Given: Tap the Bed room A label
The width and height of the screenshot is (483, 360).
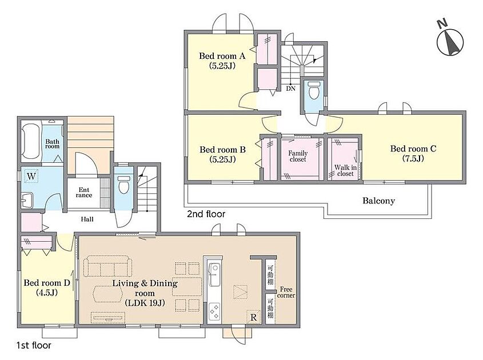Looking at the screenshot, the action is pos(222,61).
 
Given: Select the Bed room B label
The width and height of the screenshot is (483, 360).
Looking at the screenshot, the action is pos(222,154).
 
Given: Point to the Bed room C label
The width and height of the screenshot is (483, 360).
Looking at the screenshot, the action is pos(413,153).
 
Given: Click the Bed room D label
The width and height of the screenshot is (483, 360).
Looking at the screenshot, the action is pos(47,287).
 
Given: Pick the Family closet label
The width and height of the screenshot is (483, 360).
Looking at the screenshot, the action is pos(298,156).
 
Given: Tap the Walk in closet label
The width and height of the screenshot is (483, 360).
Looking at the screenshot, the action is pos(345,170).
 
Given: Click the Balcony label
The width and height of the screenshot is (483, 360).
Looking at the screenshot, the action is pos(378,201).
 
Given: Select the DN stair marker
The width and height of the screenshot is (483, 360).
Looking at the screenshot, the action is pos(290,89).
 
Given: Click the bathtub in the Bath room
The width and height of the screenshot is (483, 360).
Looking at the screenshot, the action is pos(31,141).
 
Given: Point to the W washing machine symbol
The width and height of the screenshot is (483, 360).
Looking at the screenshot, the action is pos(31,177).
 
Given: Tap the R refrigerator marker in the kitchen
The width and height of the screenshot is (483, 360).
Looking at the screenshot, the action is pos(254,317).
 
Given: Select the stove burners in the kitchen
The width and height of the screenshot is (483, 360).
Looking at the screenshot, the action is pos(214,311).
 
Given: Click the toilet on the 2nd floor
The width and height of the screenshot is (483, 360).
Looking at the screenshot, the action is pos(314,90).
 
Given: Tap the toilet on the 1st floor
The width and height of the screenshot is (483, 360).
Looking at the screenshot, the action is pos(124,185).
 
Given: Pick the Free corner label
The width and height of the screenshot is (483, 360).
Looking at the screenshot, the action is pos(286,292).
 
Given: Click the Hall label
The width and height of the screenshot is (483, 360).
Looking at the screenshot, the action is pos(87,219).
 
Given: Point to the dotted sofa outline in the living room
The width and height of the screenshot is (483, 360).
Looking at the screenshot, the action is pos(108,266).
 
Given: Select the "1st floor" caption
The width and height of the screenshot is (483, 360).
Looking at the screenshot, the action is pos(34,346).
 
